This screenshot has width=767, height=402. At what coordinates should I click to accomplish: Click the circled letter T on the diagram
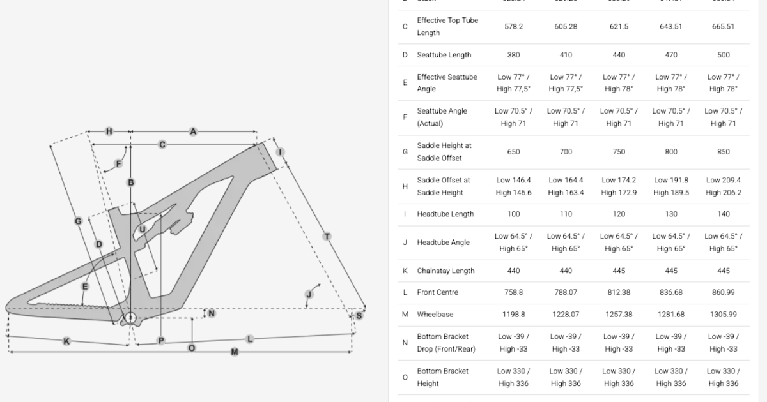[x=327, y=237]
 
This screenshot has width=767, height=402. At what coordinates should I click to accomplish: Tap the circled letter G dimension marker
[x=78, y=221]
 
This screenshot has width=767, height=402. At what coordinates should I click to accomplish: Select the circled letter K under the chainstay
[x=66, y=341]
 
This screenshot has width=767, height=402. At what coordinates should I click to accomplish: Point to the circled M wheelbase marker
[x=235, y=352]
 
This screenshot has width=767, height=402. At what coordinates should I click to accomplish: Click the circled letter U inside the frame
[x=142, y=229]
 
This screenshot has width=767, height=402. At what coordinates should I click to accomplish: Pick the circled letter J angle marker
[x=309, y=294]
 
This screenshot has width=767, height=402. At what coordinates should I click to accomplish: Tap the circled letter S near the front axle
[x=359, y=315]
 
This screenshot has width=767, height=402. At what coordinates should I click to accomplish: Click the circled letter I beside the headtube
[x=280, y=152]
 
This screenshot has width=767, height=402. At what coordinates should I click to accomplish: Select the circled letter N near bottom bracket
[x=212, y=313]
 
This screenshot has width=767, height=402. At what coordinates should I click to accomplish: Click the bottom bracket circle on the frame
[x=130, y=317]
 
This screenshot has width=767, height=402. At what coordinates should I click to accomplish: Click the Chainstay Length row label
[x=445, y=271]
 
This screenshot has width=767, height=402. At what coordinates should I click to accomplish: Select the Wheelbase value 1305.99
[x=724, y=315]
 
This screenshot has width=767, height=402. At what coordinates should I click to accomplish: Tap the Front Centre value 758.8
[x=513, y=292]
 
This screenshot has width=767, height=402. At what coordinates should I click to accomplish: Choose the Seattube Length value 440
[x=619, y=55]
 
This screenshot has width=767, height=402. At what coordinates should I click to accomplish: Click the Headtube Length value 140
[x=724, y=214]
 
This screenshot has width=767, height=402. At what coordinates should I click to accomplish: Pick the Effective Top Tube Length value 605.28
[x=566, y=26]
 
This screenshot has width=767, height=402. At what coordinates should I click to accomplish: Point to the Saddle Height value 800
[x=671, y=152]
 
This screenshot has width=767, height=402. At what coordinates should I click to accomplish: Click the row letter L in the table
[x=405, y=292]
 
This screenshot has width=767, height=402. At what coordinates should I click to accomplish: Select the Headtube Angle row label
[x=443, y=242]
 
